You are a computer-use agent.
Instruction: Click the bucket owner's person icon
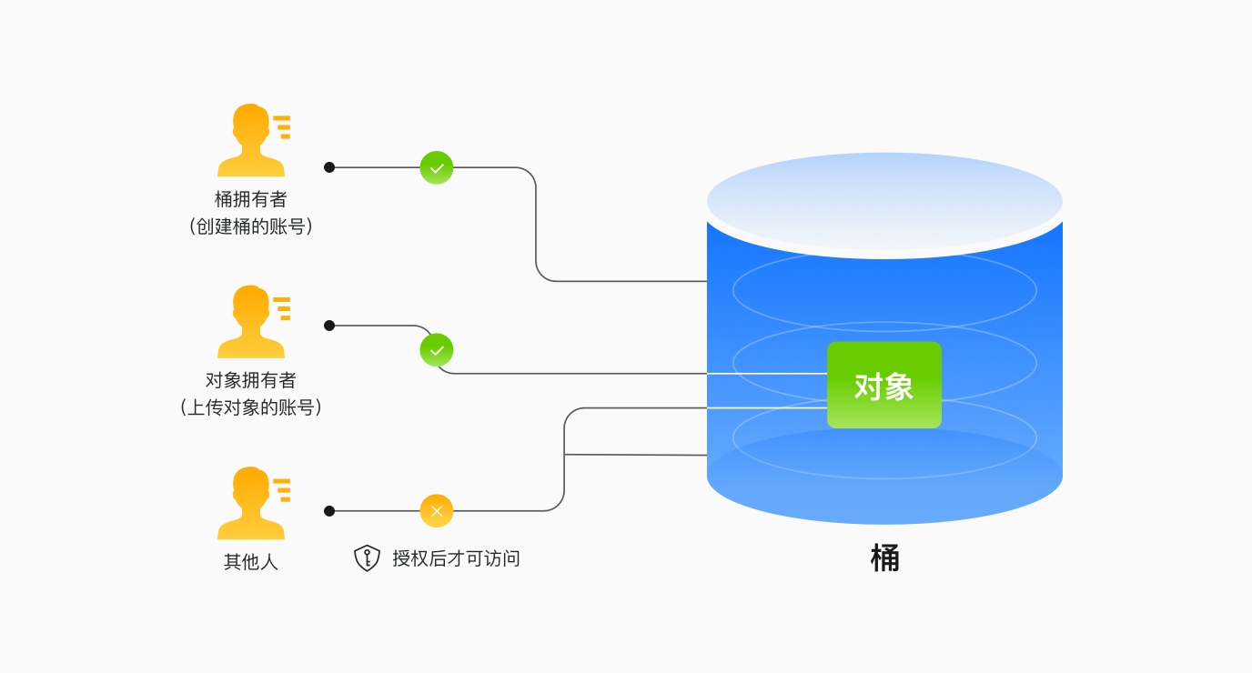tap(250, 141)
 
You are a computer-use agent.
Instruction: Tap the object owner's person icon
tap(250, 322)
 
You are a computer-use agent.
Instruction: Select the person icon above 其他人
tap(250, 504)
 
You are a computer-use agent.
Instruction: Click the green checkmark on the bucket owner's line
tap(437, 167)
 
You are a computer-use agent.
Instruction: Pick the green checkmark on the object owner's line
tap(437, 350)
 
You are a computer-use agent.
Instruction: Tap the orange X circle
tap(437, 511)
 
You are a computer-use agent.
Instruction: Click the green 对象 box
tap(883, 385)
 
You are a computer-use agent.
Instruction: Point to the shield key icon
tap(367, 557)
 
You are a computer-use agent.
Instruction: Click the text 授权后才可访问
tap(456, 558)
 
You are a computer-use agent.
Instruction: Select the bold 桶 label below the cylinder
tap(884, 557)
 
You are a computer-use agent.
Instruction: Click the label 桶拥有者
tap(250, 199)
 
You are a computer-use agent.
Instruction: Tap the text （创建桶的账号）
tap(250, 226)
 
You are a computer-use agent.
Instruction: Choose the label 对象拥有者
tap(250, 380)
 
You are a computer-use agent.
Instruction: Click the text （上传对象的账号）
tap(250, 407)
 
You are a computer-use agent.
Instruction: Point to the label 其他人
tap(250, 562)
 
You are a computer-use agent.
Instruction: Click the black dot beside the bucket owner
tap(329, 167)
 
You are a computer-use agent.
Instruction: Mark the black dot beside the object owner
tap(329, 326)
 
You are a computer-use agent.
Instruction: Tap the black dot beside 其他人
tap(329, 511)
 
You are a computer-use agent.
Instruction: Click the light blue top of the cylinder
tap(884, 200)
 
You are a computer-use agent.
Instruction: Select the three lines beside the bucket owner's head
tap(282, 126)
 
